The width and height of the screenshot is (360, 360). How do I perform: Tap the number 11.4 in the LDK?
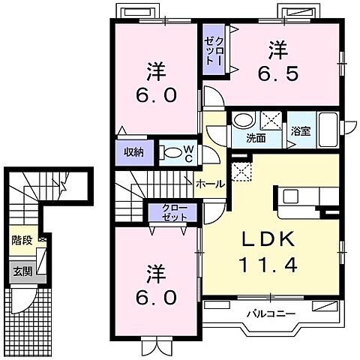click(x=268, y=265)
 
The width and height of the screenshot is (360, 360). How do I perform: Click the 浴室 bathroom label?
click(x=301, y=131)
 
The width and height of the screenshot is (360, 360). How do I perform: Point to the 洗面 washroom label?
click(x=256, y=138)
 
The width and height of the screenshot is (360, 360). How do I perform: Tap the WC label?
click(x=189, y=154)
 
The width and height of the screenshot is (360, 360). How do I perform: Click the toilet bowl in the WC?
click(x=172, y=153)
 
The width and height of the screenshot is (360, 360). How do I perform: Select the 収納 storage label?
click(x=134, y=152)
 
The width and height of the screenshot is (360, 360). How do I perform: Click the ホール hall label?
click(x=211, y=184)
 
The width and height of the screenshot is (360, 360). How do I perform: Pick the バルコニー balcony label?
click(x=271, y=313)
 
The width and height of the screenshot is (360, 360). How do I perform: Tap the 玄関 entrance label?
click(x=22, y=271)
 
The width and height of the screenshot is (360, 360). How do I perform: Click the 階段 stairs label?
click(x=22, y=240)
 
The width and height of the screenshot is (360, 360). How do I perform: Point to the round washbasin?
click(x=244, y=120)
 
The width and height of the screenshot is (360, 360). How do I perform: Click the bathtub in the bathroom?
click(x=328, y=130)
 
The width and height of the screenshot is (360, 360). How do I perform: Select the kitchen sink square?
click(x=290, y=196)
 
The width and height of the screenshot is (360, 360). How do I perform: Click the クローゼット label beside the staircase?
click(x=174, y=212)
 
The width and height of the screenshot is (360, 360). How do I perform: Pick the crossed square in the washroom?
click(x=271, y=121)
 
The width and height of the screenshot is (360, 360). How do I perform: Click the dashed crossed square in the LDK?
click(x=241, y=172)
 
